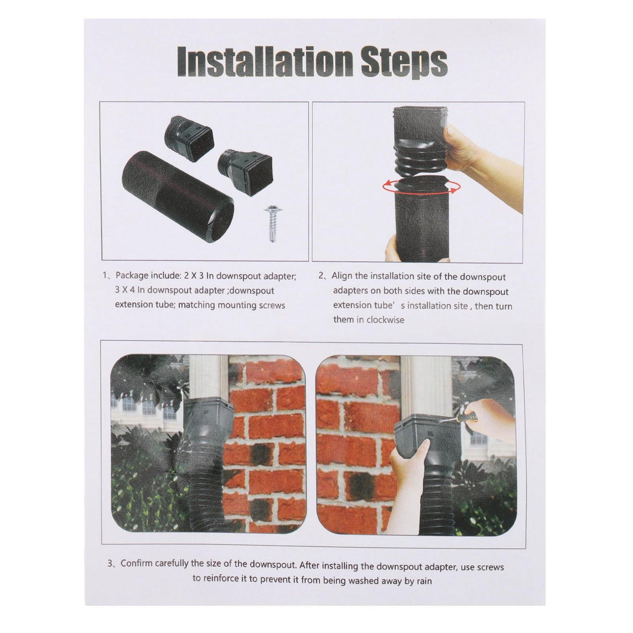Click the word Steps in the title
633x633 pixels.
tap(405, 64)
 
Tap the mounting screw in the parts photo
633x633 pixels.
tap(272, 223)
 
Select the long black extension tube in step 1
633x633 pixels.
tap(178, 197)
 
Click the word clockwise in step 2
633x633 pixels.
tap(385, 320)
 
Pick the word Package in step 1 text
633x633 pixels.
tap(132, 276)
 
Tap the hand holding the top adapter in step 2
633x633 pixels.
tap(480, 157)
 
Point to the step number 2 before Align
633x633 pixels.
tap(321, 275)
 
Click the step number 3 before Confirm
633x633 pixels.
tap(111, 564)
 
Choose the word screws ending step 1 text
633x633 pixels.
tap(272, 306)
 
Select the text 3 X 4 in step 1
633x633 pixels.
tap(125, 290)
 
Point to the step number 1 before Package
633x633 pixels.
tap(105, 275)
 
